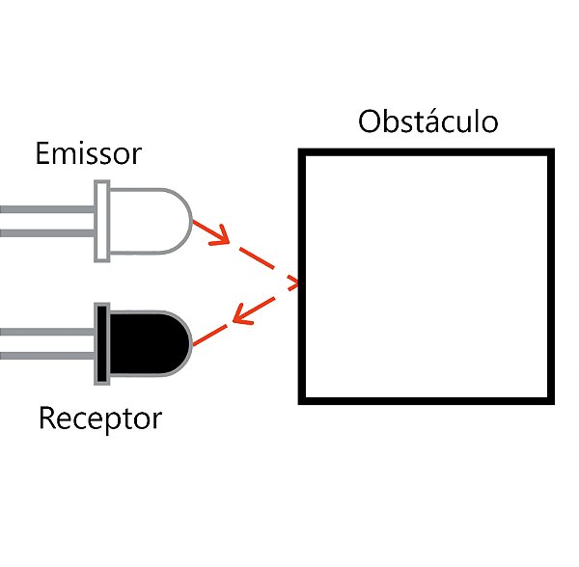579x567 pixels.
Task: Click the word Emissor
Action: click(88, 153)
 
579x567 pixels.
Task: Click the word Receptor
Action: click(100, 419)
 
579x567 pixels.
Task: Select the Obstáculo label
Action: click(427, 122)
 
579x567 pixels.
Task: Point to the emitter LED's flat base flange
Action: click(101, 223)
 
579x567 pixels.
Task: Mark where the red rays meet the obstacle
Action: click(299, 282)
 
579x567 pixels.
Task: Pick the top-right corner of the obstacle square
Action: click(551, 153)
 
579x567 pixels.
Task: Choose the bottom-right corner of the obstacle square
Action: click(551, 398)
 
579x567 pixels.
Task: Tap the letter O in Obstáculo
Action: click(371, 123)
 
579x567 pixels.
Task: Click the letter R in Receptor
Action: click(47, 419)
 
